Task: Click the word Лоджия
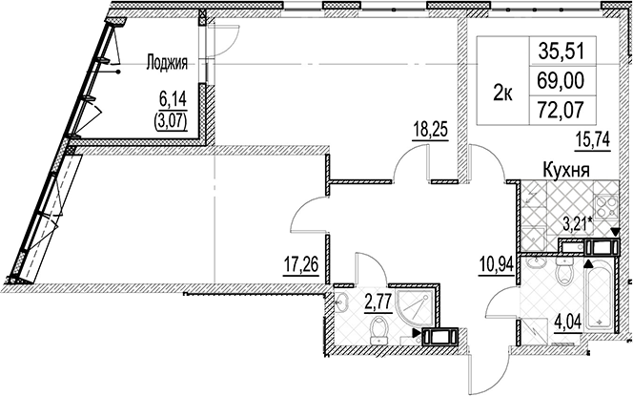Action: point(167,63)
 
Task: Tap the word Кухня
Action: point(566,170)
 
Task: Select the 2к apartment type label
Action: point(503,94)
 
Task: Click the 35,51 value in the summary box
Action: point(561,52)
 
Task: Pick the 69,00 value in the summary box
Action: point(561,81)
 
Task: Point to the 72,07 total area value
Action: point(561,110)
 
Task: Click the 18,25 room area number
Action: point(430,130)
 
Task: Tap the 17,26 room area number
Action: point(300,266)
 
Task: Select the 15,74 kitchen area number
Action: point(592,140)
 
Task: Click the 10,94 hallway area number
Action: point(496,266)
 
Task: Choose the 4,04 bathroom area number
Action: point(568,323)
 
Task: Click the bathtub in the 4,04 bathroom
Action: point(600,297)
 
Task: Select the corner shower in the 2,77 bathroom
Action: point(416,309)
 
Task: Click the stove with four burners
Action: point(607,206)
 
